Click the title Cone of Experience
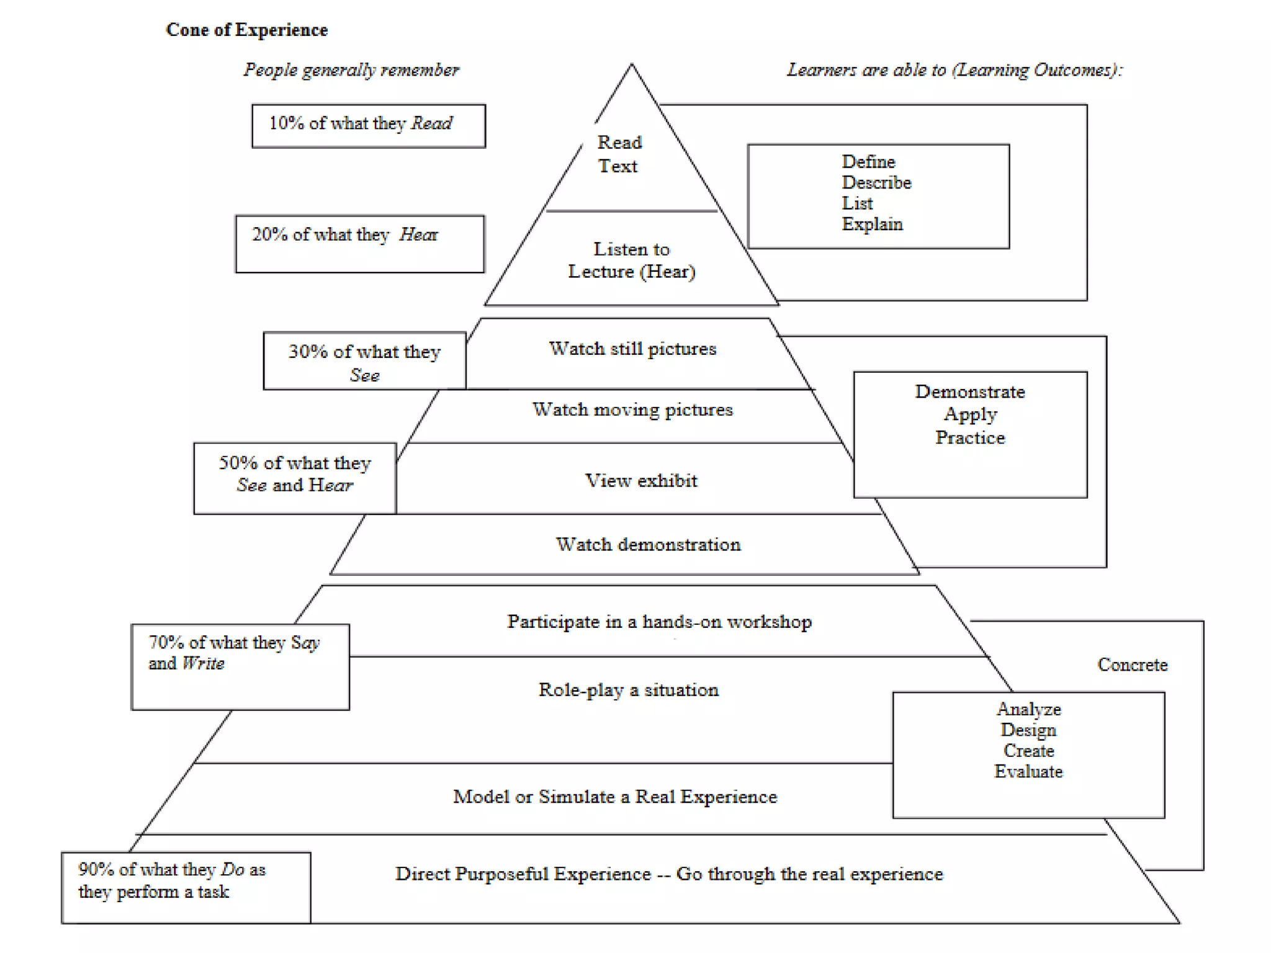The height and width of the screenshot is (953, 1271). pyautogui.click(x=246, y=30)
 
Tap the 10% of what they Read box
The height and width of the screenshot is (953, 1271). pyautogui.click(x=368, y=125)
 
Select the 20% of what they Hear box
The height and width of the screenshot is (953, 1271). pyautogui.click(x=359, y=243)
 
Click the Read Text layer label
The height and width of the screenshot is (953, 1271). pyautogui.click(x=619, y=154)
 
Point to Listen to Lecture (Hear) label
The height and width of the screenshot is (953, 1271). pyautogui.click(x=632, y=260)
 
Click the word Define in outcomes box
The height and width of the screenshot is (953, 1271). pyautogui.click(x=868, y=162)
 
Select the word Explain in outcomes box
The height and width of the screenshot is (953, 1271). pyautogui.click(x=872, y=224)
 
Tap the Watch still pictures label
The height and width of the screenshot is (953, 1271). pyautogui.click(x=632, y=349)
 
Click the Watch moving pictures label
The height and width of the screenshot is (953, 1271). pyautogui.click(x=632, y=409)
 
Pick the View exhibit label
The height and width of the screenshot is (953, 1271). pyautogui.click(x=641, y=480)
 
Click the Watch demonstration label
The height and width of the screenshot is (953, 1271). pyautogui.click(x=648, y=544)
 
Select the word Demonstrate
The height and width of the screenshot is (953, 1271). pyautogui.click(x=969, y=391)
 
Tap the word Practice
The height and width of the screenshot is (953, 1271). pyautogui.click(x=969, y=437)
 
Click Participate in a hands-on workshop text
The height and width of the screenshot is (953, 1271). pyautogui.click(x=659, y=622)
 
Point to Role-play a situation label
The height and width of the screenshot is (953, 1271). pyautogui.click(x=628, y=689)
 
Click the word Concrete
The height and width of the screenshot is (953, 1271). pyautogui.click(x=1132, y=664)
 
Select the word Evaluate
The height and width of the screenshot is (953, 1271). pyautogui.click(x=1028, y=771)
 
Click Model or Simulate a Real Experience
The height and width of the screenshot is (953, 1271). pyautogui.click(x=614, y=796)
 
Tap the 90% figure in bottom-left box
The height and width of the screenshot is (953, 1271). pyautogui.click(x=96, y=869)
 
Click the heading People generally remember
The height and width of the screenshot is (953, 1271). pyautogui.click(x=351, y=69)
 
